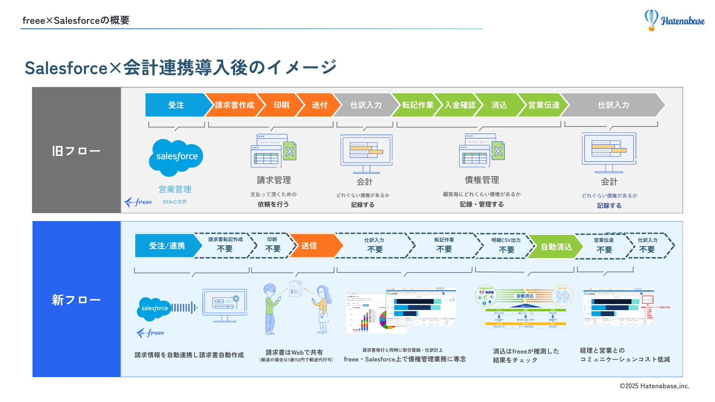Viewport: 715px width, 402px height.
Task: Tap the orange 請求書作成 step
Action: [234, 105]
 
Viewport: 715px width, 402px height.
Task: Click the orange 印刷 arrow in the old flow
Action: [281, 105]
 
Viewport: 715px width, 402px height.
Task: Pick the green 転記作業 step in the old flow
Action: [417, 105]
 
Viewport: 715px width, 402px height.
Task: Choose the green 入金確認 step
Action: [460, 105]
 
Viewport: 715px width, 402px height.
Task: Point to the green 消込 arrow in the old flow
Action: [499, 105]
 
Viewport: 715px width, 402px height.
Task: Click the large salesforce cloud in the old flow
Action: [176, 157]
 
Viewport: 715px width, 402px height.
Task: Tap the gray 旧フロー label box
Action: [76, 150]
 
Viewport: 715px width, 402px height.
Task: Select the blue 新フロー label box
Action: [76, 299]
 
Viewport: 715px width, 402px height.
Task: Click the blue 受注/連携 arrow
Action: [167, 246]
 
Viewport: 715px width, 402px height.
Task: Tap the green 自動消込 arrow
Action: [556, 247]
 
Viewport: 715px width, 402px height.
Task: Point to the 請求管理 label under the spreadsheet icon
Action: [274, 180]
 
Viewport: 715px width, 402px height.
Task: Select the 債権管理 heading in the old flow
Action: [482, 180]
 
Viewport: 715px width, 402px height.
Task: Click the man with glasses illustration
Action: [271, 309]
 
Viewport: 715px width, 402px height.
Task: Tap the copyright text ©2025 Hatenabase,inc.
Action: [654, 386]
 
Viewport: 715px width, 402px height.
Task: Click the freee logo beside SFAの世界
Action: [139, 202]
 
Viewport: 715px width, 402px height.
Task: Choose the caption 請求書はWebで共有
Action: [294, 352]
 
